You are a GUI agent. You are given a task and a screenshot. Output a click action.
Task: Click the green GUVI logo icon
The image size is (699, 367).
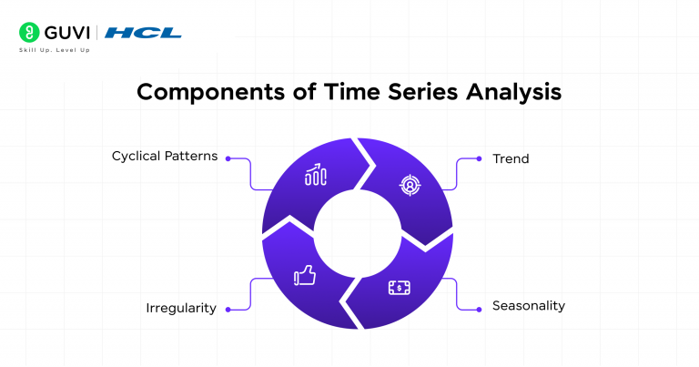27,34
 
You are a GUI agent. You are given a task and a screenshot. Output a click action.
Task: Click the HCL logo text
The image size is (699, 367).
143,34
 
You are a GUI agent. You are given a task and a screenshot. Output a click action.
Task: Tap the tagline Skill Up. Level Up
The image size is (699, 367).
55,50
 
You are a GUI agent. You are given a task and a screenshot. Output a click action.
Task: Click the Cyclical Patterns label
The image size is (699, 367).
165,156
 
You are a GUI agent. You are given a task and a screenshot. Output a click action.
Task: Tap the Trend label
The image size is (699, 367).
511,158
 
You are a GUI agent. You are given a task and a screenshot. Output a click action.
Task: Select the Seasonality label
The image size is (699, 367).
529,305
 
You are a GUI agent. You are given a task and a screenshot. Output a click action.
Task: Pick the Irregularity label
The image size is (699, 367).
181,308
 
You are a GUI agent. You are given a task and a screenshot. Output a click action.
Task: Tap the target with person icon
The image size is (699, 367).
410,186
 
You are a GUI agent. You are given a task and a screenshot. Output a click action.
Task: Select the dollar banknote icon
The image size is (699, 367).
399,288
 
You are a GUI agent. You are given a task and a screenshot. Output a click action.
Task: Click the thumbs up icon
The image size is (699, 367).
303,276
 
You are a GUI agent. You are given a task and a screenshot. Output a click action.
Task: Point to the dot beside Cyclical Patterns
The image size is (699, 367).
228,157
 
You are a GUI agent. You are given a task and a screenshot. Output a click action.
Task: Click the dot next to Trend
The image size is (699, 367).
480,158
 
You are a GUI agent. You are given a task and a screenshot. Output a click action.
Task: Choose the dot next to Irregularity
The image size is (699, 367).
228,308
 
